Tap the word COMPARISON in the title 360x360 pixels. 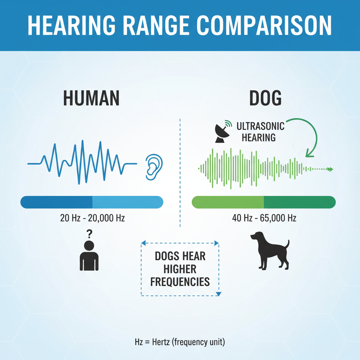[x=264, y=25]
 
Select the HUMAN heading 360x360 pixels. [x=91, y=98]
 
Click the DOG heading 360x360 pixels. [x=265, y=98]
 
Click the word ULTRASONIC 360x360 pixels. [x=261, y=126]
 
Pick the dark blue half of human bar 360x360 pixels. [x=57, y=202]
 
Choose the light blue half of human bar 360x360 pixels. [x=128, y=202]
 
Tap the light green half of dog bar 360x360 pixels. [x=228, y=202]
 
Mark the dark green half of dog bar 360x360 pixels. [x=300, y=202]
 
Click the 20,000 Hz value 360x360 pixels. [x=106, y=218]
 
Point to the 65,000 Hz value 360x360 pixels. [x=278, y=218]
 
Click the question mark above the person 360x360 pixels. [x=89, y=234]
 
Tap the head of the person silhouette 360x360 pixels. [x=89, y=246]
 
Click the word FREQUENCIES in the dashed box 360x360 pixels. [x=180, y=282]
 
